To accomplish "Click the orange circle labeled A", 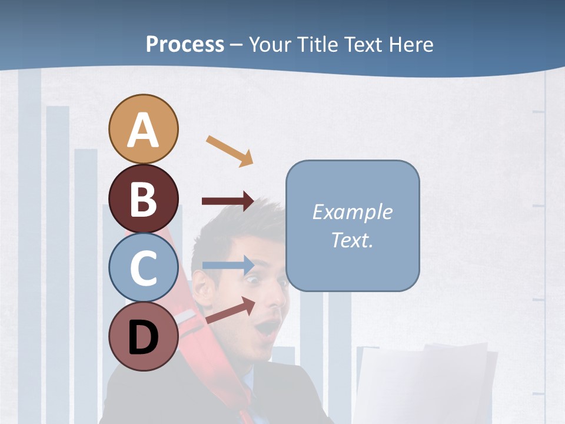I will tap(143, 129).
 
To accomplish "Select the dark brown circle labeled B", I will tap(143, 198).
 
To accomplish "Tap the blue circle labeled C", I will tap(143, 267).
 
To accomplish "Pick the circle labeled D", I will tap(143, 337).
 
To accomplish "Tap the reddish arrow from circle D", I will tap(230, 310).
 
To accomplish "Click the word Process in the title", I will tap(185, 44).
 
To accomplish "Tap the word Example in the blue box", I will tap(352, 212).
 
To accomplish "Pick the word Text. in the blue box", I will tap(352, 240).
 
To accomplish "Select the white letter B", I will tap(143, 199).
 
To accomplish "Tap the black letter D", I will tap(143, 337).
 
